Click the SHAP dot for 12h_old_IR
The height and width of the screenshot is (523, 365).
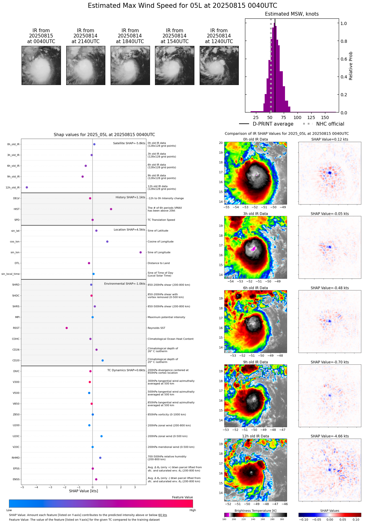(27, 187)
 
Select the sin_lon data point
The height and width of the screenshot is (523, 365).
(141, 252)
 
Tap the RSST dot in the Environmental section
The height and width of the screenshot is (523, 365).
(67, 328)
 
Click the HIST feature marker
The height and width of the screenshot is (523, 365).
(111, 209)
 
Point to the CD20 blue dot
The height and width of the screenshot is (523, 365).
(102, 361)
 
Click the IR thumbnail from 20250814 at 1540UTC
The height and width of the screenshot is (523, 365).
(174, 65)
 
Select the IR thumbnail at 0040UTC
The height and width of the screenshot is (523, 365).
(41, 65)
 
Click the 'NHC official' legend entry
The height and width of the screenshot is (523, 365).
(330, 124)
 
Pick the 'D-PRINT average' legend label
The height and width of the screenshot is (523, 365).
(273, 124)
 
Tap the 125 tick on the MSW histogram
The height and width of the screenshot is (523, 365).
(311, 117)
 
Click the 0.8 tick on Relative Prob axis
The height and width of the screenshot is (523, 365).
(343, 41)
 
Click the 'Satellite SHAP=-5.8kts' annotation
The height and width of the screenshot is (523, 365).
(129, 143)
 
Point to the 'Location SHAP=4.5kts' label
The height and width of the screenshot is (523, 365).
(129, 230)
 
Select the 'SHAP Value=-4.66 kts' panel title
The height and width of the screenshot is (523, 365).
(330, 436)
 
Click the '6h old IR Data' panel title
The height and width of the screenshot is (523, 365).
(255, 288)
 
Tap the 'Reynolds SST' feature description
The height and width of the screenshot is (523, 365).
(156, 328)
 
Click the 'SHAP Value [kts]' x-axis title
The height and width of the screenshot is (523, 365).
(83, 491)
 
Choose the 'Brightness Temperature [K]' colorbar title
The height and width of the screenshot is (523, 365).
(255, 511)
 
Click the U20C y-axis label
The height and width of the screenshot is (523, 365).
(16, 436)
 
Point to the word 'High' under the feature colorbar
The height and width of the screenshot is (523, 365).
(192, 510)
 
